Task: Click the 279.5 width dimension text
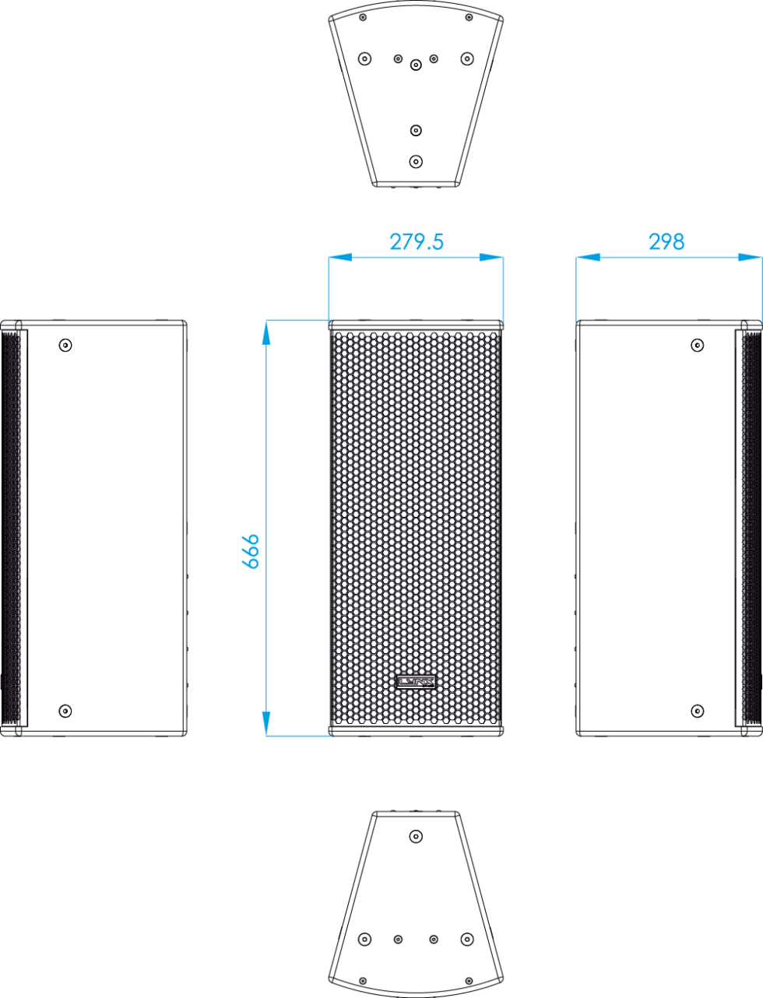coord(416,242)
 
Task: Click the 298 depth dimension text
coord(666,242)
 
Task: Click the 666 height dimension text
coord(251,552)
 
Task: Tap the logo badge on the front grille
coord(416,683)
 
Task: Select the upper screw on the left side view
coord(65,344)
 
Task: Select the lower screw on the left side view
coord(65,711)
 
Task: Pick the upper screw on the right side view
coord(698,344)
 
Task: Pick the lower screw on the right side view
coord(698,711)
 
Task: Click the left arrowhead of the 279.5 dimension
coord(339,257)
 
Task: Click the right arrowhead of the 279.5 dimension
coord(493,257)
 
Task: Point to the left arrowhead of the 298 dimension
coord(588,257)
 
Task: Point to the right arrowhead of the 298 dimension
coord(750,257)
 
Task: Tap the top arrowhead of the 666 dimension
coord(267,331)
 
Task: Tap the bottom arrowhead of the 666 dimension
coord(267,723)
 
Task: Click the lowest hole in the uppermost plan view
coord(416,162)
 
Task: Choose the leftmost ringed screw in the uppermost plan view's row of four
coord(364,58)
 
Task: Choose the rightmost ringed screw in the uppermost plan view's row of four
coord(467,58)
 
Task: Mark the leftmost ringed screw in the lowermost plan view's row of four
coord(364,939)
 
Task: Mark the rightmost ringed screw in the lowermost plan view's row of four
coord(467,939)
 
